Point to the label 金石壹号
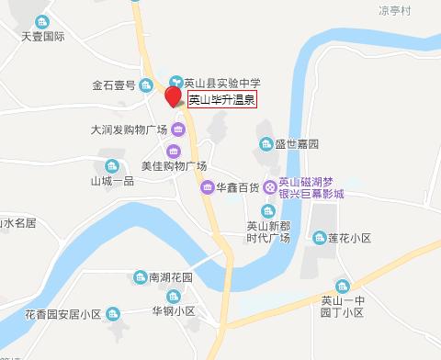tap(114, 85)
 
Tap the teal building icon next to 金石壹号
tap(146, 85)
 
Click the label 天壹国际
tap(42, 39)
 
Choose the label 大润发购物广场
tap(130, 129)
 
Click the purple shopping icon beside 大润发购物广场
tap(176, 129)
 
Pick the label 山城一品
tap(112, 181)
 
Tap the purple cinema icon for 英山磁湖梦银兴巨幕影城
tap(269, 188)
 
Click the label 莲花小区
tap(348, 238)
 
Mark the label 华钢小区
tap(174, 311)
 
